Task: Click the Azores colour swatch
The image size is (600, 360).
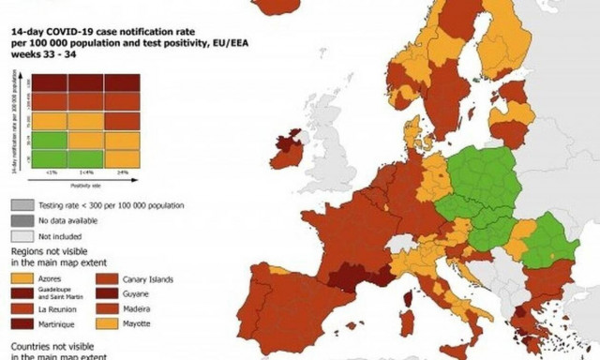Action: tap(20, 279)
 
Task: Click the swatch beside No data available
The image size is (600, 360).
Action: tap(20, 220)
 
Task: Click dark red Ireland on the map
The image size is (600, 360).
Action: tap(288, 151)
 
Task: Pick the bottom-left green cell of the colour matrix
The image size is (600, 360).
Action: tap(51, 158)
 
